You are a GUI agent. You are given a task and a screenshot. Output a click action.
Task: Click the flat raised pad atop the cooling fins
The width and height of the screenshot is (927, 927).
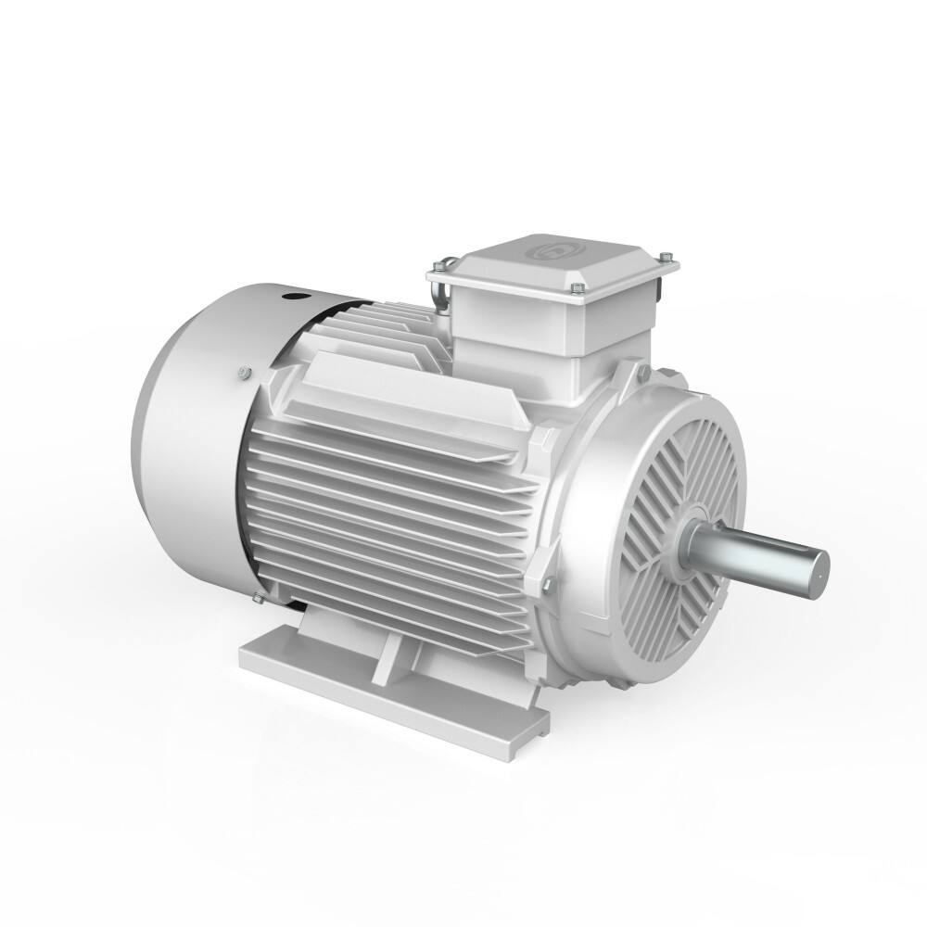click(x=408, y=389)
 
